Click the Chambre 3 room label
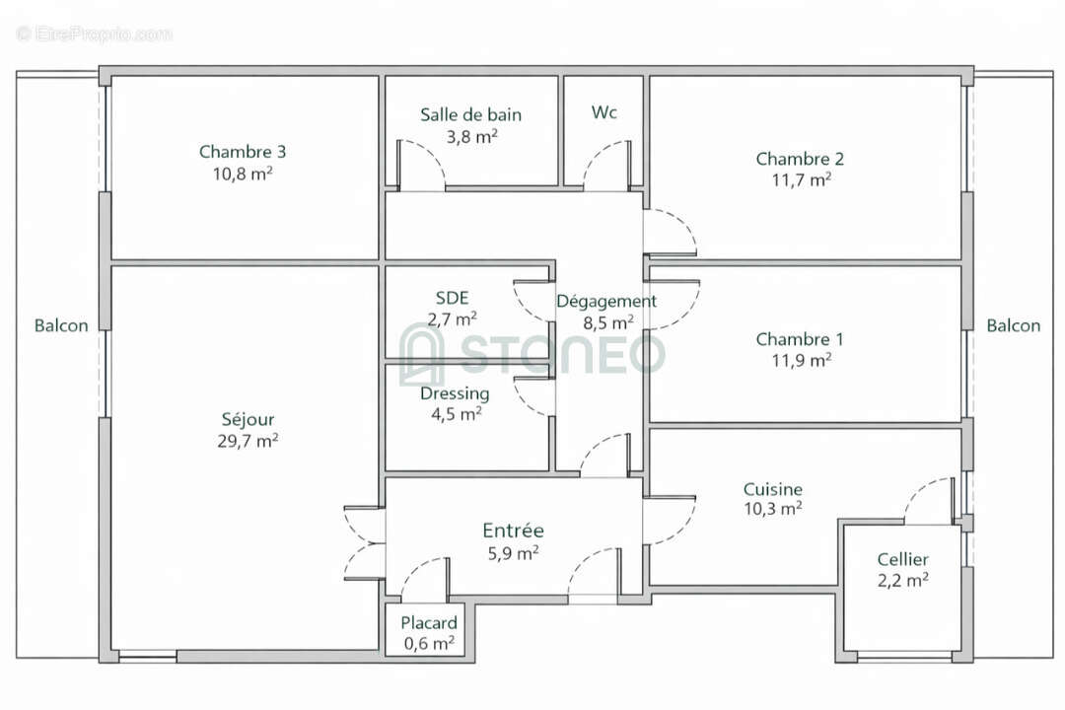[243, 152]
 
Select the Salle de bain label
[470, 114]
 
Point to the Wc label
[604, 112]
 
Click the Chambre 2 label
[800, 159]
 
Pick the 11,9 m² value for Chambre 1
[800, 361]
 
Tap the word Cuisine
[772, 489]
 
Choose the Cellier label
[902, 560]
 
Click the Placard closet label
[429, 623]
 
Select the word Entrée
[513, 531]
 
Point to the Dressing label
[455, 393]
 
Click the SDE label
[453, 298]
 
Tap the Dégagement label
[605, 302]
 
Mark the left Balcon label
[61, 325]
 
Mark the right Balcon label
[1014, 325]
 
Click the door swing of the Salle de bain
[422, 163]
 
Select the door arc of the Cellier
[929, 501]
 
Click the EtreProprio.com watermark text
[95, 34]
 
